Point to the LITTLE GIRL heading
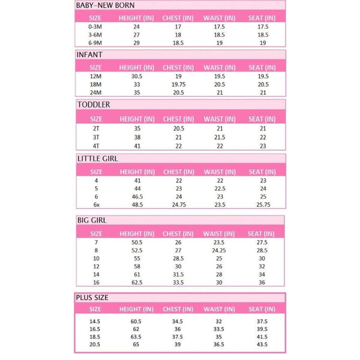(x=97, y=159)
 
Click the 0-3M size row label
(x=95, y=28)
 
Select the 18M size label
(x=95, y=85)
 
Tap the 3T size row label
(x=95, y=136)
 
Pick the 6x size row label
(x=95, y=204)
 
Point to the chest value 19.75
(x=178, y=85)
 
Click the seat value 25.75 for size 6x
(x=262, y=204)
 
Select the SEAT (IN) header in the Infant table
(x=262, y=67)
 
